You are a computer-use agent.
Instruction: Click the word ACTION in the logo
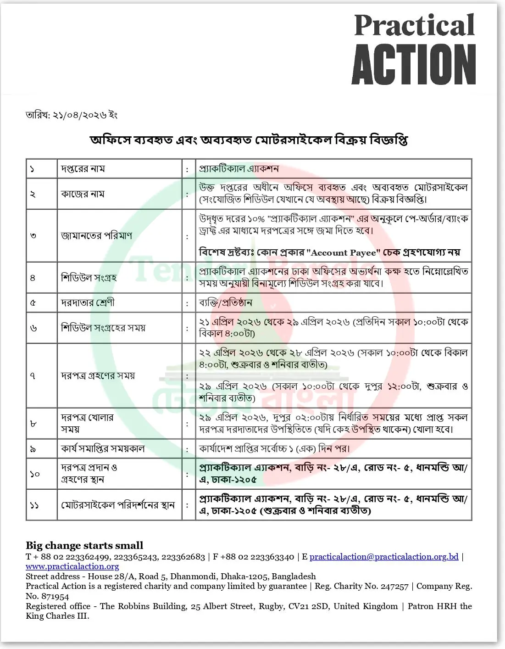tap(414, 65)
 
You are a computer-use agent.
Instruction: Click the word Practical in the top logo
tap(414, 26)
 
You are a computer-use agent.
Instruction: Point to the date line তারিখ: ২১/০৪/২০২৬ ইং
tap(72, 115)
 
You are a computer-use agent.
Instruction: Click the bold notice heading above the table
tap(249, 140)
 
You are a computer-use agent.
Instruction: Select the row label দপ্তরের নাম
tap(83, 169)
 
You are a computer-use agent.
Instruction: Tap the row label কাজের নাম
tap(83, 194)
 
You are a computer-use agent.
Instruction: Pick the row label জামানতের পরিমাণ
tap(96, 236)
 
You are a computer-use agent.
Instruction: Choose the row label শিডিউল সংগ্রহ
tap(89, 278)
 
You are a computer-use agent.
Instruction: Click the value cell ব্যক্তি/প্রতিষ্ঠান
tap(226, 303)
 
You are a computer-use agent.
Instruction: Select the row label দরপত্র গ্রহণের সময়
tap(98, 375)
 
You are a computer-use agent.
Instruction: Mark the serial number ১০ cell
tap(35, 474)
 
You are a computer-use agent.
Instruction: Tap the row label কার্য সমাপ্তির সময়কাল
tap(103, 448)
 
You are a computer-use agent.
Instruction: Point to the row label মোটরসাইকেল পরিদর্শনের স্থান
tap(118, 505)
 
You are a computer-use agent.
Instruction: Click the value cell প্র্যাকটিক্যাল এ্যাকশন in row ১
tap(239, 169)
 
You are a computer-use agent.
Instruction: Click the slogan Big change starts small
tap(84, 545)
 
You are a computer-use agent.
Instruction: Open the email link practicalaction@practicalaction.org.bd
tap(384, 557)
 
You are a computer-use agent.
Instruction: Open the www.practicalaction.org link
tap(72, 566)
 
